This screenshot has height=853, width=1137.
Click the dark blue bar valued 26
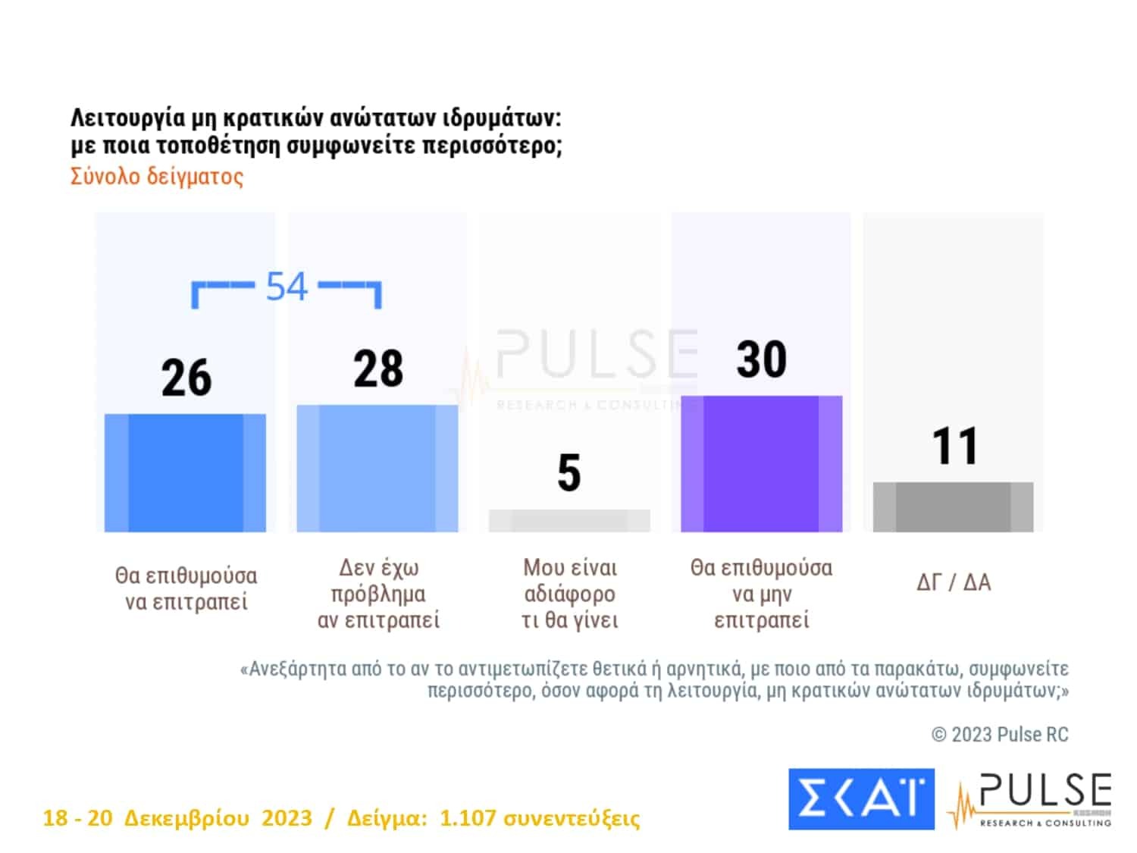185,472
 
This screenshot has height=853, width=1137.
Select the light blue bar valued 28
377,468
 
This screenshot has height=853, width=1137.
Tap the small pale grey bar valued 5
569,520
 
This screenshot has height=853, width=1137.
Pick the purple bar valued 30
761,463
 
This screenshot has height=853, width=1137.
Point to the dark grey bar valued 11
953,506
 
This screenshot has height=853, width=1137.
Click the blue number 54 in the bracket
287,287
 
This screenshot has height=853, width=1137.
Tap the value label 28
377,369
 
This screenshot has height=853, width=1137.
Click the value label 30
761,359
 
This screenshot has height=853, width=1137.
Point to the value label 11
954,446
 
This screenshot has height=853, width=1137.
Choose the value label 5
569,473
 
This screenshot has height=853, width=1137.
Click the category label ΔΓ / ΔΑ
954,582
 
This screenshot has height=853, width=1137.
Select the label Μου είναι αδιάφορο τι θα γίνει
570,594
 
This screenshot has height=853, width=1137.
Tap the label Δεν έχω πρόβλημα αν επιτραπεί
378,594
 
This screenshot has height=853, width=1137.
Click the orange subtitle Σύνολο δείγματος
157,177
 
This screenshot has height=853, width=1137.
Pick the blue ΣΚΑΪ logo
861,798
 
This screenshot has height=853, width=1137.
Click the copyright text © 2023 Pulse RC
1000,734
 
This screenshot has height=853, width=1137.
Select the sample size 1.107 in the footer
467,818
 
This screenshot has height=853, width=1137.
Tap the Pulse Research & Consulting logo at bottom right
1032,800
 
